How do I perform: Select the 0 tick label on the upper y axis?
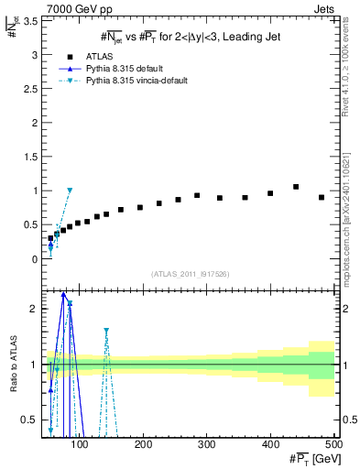(35, 259)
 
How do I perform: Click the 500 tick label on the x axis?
(333, 445)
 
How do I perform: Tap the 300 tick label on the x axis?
(207, 445)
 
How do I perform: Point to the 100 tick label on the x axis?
(81, 445)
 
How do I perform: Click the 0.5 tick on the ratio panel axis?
(29, 420)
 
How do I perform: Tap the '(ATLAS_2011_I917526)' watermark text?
(190, 274)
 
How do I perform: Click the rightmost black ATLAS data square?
(322, 197)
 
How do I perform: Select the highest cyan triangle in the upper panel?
(70, 191)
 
